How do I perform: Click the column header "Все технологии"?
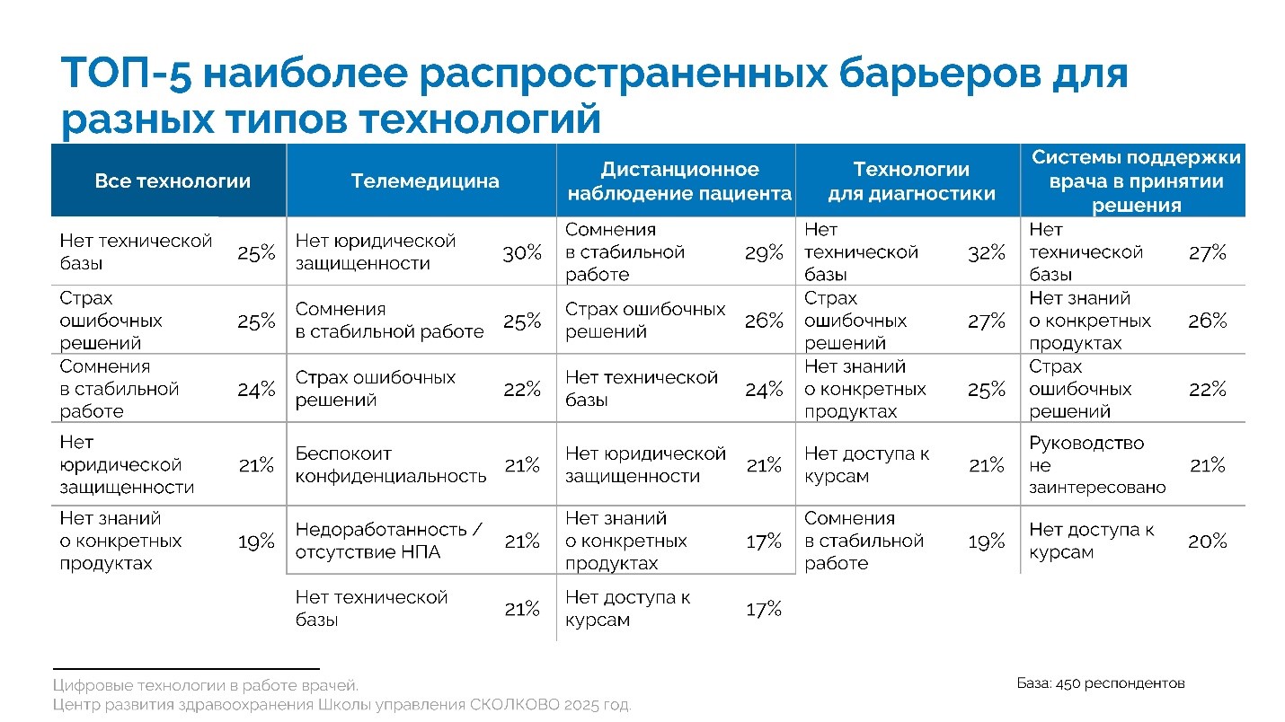[x=172, y=181]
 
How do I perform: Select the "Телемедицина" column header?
[x=424, y=181]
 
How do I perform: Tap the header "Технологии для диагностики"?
[x=910, y=181]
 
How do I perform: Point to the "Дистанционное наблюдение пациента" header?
[x=678, y=181]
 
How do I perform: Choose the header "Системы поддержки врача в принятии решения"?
[x=1136, y=181]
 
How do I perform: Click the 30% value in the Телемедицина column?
[x=521, y=253]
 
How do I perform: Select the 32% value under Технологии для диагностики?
[x=986, y=253]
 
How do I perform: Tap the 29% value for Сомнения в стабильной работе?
[x=763, y=253]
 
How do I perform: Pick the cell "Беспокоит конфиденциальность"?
[x=391, y=465]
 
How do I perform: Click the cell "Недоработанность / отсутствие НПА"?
[x=388, y=541]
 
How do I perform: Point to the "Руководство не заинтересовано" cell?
[x=1097, y=465]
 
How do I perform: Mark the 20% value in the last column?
[x=1207, y=541]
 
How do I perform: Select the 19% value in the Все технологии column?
[x=256, y=541]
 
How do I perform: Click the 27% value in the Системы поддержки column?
[x=1207, y=253]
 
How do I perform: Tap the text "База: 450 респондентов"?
[x=1101, y=683]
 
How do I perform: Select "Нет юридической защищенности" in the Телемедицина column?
[x=376, y=252]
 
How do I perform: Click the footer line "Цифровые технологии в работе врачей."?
[x=206, y=685]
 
